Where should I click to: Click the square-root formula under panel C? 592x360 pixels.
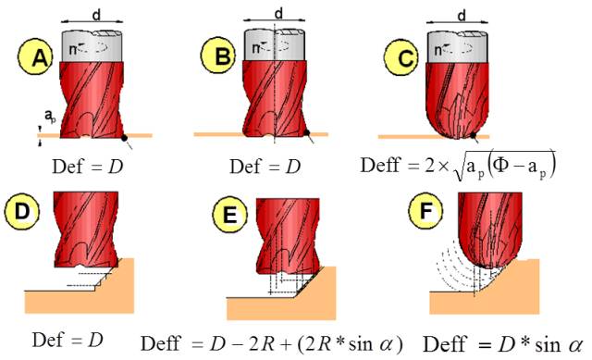(459, 166)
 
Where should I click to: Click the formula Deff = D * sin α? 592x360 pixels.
(501, 341)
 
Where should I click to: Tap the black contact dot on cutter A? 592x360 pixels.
(123, 136)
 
